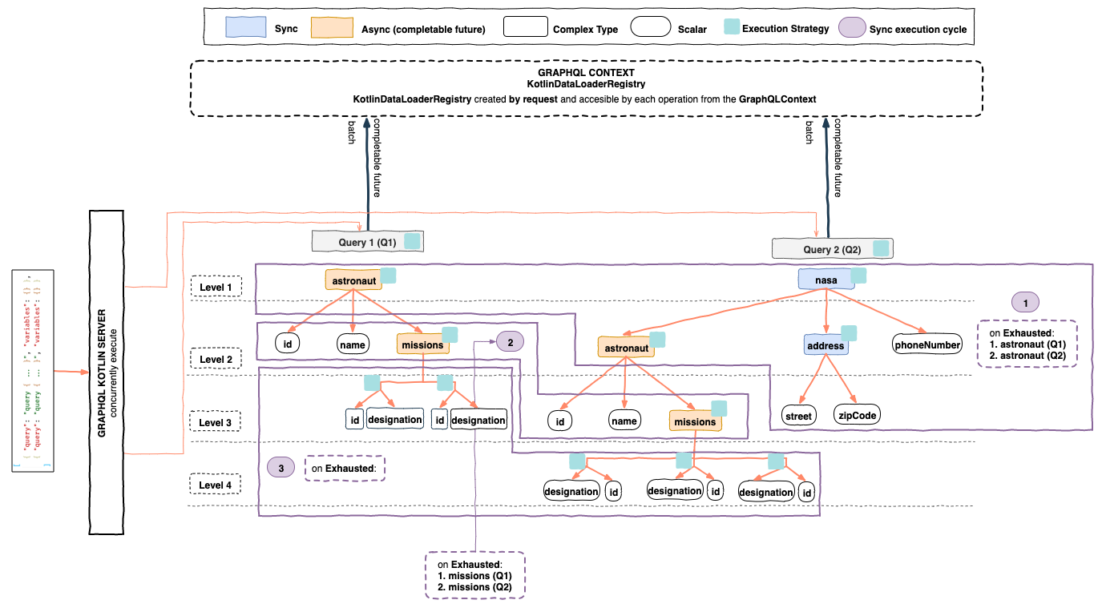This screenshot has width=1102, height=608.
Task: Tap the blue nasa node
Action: pos(825,280)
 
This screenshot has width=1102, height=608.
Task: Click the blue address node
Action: pos(825,346)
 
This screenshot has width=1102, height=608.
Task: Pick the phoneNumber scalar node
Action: pos(926,345)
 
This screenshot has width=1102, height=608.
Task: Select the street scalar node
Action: pos(798,415)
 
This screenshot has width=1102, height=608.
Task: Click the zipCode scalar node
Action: pos(856,415)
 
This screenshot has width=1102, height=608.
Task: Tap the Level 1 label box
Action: pos(215,286)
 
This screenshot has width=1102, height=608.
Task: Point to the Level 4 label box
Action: pos(215,485)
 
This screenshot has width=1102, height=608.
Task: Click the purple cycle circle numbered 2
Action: pos(510,342)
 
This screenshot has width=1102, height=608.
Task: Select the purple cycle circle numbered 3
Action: pos(281,467)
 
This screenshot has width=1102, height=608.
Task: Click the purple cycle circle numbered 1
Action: pos(1025,302)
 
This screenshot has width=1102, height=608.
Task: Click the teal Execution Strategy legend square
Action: pos(729,28)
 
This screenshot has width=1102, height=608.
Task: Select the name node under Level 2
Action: pos(353,344)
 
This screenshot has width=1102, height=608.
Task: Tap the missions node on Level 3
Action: pos(694,421)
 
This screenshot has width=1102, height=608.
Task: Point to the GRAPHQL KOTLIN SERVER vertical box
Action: pos(107,372)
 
